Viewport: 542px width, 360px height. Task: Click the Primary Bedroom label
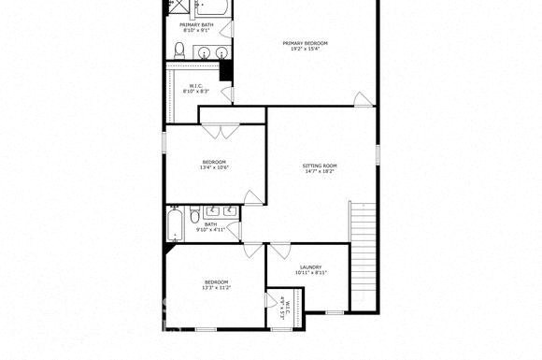[x=306, y=43]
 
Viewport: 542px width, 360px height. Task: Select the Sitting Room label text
[x=319, y=166]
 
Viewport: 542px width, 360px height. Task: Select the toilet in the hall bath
[x=194, y=218]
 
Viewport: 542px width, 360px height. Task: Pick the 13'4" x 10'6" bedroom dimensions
[x=213, y=168]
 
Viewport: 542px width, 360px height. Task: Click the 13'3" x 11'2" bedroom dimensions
[x=216, y=288]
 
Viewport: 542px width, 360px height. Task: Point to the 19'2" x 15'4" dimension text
[x=306, y=50]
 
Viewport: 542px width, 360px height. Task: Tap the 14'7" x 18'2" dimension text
[x=319, y=172]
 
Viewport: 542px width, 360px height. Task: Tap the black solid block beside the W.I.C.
[x=226, y=71]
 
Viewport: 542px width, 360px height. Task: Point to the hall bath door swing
[x=250, y=197]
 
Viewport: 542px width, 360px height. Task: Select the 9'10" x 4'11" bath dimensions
[x=211, y=230]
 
